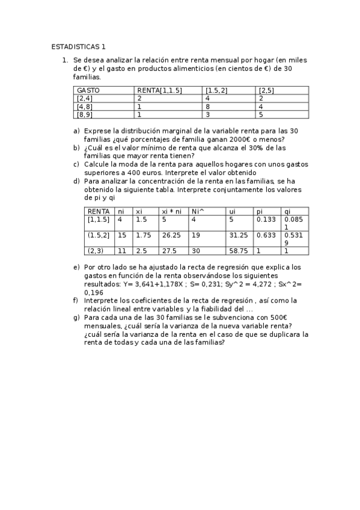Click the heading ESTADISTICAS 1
pyautogui.click(x=78, y=46)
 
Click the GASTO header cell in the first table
pyautogui.click(x=88, y=90)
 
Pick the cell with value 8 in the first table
pyautogui.click(x=207, y=106)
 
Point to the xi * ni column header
pyautogui.click(x=172, y=211)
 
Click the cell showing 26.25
pyautogui.click(x=172, y=235)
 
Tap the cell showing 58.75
pyautogui.click(x=239, y=251)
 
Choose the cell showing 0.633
pyautogui.click(x=266, y=235)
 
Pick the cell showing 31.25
pyautogui.click(x=239, y=235)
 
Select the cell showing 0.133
pyautogui.click(x=266, y=220)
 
